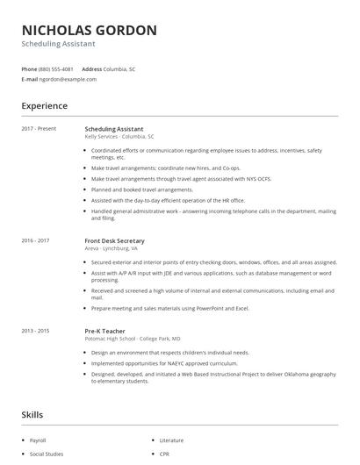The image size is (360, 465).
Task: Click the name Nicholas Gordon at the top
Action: (89, 30)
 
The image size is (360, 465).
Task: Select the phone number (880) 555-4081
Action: (57, 68)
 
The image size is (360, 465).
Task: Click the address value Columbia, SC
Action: (120, 68)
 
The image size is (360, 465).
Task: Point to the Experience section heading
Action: (45, 106)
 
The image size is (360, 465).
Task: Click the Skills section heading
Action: (32, 413)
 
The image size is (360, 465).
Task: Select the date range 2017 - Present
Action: (39, 129)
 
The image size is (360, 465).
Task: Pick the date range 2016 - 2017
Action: (36, 240)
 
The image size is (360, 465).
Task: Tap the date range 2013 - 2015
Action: (36, 331)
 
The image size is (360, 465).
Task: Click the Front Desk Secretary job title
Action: (114, 240)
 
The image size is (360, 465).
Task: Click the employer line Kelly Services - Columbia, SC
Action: (119, 137)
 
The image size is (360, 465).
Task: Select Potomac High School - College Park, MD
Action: (133, 339)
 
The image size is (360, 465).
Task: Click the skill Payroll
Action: (38, 440)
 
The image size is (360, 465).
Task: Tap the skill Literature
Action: (172, 440)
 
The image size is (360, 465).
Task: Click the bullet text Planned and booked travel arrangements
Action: (141, 189)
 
